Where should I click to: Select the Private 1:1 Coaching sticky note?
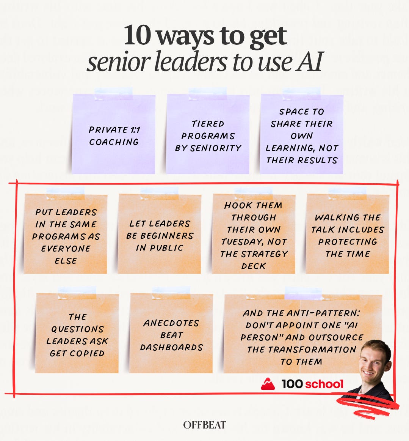113,134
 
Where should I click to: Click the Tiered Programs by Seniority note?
208,134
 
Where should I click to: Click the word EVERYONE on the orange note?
66,249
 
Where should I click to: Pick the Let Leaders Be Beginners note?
160,234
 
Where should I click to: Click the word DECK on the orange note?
253,266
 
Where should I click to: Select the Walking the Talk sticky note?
348,234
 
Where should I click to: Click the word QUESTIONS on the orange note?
78,329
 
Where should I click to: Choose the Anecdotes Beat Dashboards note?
171,333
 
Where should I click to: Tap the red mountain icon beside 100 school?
268,384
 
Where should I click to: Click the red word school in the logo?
324,384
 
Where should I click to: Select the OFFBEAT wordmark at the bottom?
205,425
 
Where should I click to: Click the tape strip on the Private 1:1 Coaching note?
114,94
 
